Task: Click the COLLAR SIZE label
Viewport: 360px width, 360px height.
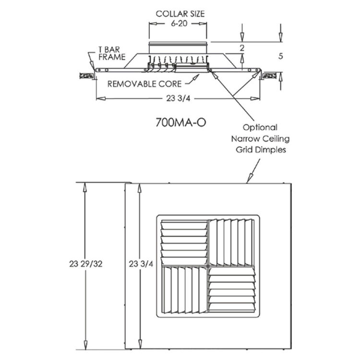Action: coord(180,13)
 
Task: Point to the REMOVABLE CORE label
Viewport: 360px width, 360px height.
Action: coord(144,84)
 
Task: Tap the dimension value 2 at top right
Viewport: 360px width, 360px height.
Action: coord(242,48)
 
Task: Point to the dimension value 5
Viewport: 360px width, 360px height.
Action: coord(280,56)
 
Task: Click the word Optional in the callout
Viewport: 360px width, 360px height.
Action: coord(260,128)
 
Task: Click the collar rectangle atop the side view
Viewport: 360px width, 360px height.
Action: coord(178,48)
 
